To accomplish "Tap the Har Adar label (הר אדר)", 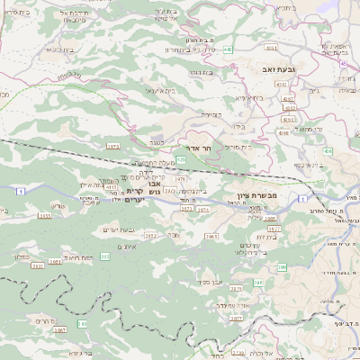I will pyautogui.click(x=197, y=148).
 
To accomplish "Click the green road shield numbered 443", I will pyautogui.click(x=230, y=49).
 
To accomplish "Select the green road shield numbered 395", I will pyautogui.click(x=105, y=256).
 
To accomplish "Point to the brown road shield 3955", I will pyautogui.click(x=46, y=216).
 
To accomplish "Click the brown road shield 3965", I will pyautogui.click(x=211, y=237).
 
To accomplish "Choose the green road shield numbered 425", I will pyautogui.click(x=181, y=159).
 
